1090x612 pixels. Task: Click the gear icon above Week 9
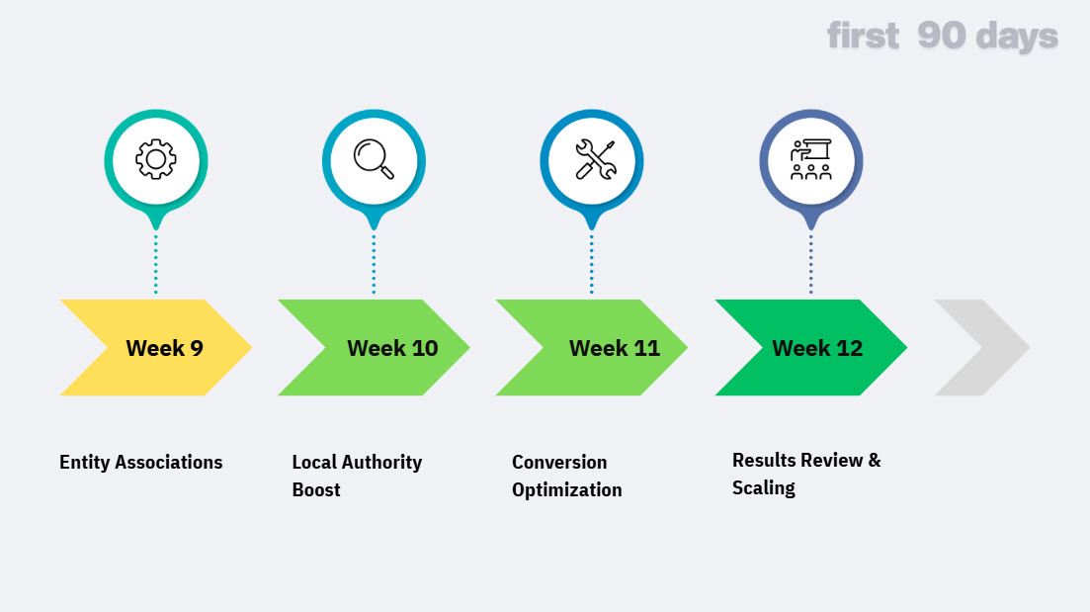click(155, 159)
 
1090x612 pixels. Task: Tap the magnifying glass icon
click(374, 159)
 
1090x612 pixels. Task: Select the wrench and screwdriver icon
click(592, 159)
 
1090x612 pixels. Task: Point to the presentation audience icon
click(810, 159)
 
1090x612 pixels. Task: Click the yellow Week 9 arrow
click(158, 348)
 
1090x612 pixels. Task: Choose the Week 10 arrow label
click(392, 348)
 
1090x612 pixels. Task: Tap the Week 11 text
click(614, 348)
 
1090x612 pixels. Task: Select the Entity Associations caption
click(141, 462)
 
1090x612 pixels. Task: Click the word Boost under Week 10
click(316, 489)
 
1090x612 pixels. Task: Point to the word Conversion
click(559, 462)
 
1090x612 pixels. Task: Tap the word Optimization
click(567, 489)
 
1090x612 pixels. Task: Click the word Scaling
click(764, 487)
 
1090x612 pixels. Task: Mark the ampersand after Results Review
click(874, 460)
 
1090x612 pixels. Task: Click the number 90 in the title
click(941, 37)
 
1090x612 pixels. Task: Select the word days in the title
click(1017, 37)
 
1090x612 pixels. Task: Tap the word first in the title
click(863, 37)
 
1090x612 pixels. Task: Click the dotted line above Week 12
click(810, 263)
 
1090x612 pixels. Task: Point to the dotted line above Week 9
click(155, 263)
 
